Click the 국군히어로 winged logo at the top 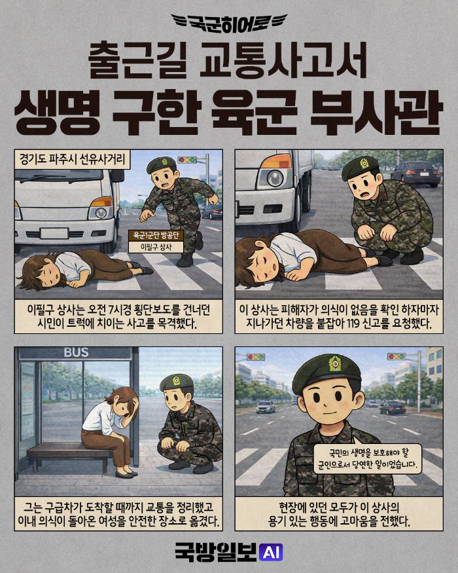pyautogui.click(x=229, y=24)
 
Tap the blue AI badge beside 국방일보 pyautogui.click(x=271, y=552)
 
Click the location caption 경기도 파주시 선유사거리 pyautogui.click(x=73, y=160)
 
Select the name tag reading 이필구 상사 pyautogui.click(x=156, y=247)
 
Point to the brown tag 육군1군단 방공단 pyautogui.click(x=156, y=235)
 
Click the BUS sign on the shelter pyautogui.click(x=76, y=352)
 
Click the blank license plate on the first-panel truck pyautogui.click(x=54, y=233)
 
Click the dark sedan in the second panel pyautogui.click(x=415, y=174)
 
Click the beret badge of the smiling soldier pyautogui.click(x=334, y=364)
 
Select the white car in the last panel pyautogui.click(x=266, y=407)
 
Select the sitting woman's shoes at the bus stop pyautogui.click(x=126, y=474)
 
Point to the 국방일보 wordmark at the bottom pyautogui.click(x=216, y=552)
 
